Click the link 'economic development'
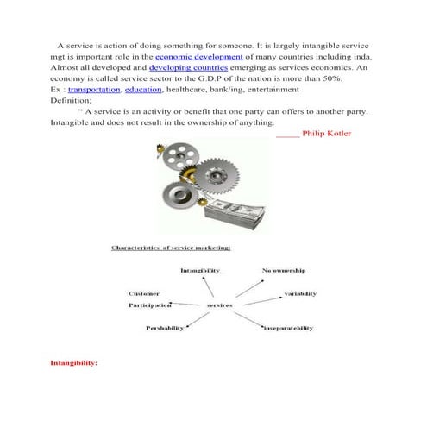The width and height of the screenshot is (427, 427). (198, 57)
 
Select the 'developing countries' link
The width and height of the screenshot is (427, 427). (188, 68)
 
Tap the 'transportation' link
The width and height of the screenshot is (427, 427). (94, 90)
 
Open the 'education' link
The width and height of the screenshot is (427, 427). (143, 90)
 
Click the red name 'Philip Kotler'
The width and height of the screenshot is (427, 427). (326, 134)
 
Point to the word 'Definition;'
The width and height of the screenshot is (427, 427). (71, 101)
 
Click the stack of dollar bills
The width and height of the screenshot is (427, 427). (235, 214)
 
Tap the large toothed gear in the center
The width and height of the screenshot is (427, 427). (217, 176)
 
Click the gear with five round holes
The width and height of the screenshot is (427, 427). (181, 155)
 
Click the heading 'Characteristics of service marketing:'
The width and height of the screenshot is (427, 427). (171, 248)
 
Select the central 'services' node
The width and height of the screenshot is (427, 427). (219, 305)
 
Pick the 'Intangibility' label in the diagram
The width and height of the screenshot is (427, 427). (200, 271)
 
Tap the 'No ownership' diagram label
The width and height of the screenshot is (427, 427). (284, 271)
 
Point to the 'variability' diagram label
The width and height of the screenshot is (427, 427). (300, 294)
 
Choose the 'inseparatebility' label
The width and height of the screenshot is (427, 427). (288, 328)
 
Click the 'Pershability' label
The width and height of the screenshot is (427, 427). (165, 328)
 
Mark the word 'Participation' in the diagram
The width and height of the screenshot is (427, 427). (150, 305)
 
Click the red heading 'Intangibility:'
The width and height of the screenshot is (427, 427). (74, 363)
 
